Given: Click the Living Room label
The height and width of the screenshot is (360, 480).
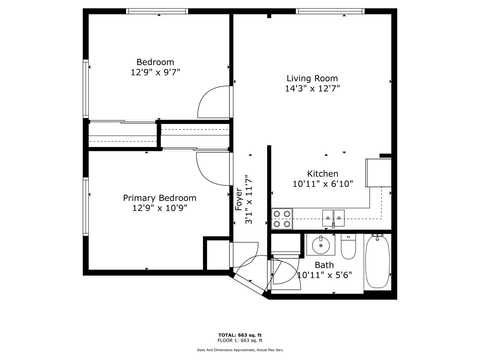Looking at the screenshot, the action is tap(312, 78).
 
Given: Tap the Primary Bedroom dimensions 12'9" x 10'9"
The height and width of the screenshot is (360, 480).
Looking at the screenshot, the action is tap(160, 208).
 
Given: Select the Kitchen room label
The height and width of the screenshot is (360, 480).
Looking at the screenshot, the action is tap(323, 174).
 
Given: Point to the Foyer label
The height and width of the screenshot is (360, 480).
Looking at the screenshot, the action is tap(239, 199).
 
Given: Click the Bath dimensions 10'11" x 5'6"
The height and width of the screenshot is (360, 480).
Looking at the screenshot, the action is tap(324, 275).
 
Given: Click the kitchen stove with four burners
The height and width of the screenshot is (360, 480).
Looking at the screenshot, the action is tap(282, 219).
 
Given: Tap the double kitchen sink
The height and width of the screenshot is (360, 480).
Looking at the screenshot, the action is tap(333, 218).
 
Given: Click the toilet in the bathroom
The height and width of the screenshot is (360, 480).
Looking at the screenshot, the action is tap(348, 246).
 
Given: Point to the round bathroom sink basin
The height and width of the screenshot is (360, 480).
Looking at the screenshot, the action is tap(321, 245).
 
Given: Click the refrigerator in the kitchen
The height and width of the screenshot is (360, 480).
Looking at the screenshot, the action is tap(378, 173).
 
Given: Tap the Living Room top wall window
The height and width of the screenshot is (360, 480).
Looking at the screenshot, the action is tap(330, 11).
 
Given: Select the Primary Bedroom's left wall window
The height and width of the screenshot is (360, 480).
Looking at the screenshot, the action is tap(86, 207).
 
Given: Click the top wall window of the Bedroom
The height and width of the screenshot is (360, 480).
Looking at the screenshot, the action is tap(157, 11).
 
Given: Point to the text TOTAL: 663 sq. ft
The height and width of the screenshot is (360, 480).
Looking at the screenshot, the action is tap(240, 335).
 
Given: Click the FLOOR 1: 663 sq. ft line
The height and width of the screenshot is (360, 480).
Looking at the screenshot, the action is tap(240, 340).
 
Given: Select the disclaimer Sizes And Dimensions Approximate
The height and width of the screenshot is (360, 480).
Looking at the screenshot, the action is tap(226, 350).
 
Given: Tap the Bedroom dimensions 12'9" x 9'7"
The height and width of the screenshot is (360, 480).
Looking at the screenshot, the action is tap(155, 72).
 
